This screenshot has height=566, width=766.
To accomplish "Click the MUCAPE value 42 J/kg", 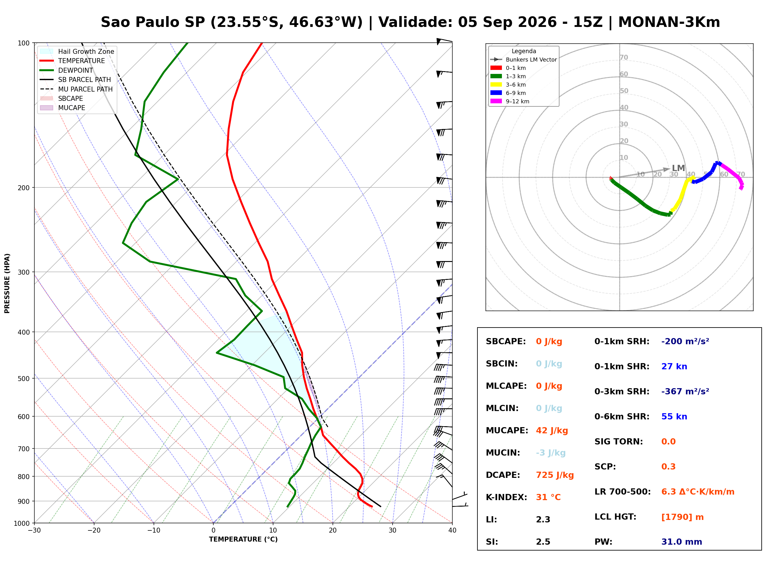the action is tap(552, 430).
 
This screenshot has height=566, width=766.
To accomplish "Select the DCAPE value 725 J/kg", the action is tap(555, 475).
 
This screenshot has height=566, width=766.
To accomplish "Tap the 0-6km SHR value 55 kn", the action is tap(674, 416).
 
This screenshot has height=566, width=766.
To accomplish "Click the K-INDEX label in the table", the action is tap(507, 497).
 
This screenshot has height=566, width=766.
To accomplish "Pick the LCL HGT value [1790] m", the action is tap(682, 517).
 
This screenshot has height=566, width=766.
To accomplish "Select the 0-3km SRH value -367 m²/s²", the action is tap(685, 391).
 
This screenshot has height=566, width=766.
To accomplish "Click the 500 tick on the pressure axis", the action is tap(24, 379).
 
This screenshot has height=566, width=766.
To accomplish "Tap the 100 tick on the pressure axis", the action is tap(24, 43).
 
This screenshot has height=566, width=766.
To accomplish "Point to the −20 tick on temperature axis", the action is tap(94, 530).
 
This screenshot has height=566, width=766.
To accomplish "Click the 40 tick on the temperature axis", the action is tap(452, 530).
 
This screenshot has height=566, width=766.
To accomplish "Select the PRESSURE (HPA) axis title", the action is tap(7, 283).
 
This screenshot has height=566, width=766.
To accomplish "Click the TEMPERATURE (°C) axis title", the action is tap(243, 539).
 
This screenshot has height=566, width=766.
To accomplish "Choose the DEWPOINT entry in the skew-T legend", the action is tap(76, 70).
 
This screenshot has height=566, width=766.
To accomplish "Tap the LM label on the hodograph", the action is tap(678, 168).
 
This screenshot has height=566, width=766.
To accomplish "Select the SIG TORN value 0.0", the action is tap(668, 441).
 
